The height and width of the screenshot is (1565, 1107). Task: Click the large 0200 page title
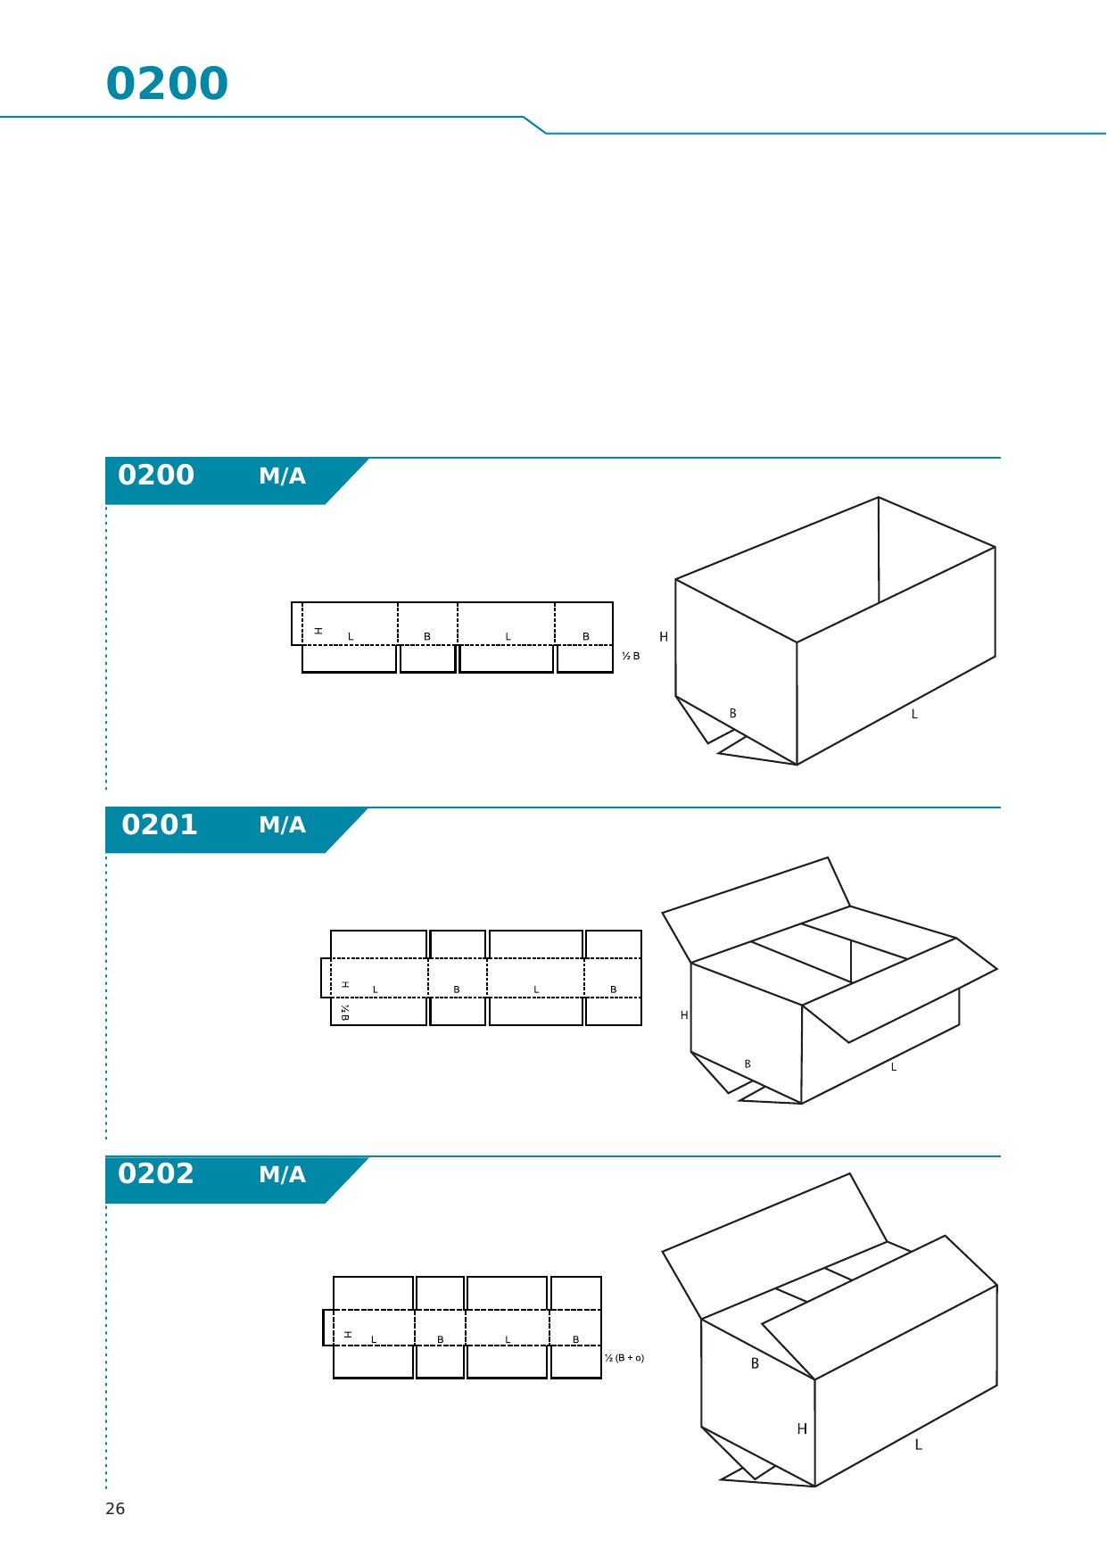click(167, 84)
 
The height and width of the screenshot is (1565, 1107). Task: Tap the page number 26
click(115, 1509)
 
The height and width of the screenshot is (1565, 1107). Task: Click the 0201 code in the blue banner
click(159, 824)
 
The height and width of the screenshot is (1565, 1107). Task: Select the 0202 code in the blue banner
click(156, 1173)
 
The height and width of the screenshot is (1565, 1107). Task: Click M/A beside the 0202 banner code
click(282, 1174)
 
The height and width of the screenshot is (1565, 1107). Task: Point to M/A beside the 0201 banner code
click(282, 825)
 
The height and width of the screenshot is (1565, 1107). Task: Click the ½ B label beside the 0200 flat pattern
click(631, 656)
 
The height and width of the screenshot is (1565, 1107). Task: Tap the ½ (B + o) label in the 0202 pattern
click(624, 1358)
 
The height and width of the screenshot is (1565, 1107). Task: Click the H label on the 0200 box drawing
click(664, 637)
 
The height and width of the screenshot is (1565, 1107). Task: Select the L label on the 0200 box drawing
click(914, 715)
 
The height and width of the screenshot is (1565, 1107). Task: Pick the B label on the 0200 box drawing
click(733, 714)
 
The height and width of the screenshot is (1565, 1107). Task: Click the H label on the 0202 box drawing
click(802, 1429)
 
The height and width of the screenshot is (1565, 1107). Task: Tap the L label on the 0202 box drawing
click(918, 1445)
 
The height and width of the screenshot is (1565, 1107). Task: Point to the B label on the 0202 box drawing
click(755, 1363)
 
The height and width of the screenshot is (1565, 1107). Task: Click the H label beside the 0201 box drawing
click(684, 1015)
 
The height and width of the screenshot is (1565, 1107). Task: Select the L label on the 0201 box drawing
click(893, 1067)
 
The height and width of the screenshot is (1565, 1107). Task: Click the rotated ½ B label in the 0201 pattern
click(344, 1012)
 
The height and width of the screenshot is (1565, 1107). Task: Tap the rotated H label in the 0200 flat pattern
click(318, 631)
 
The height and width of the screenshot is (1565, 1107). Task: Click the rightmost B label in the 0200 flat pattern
click(586, 637)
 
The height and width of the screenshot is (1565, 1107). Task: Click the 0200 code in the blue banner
click(156, 475)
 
